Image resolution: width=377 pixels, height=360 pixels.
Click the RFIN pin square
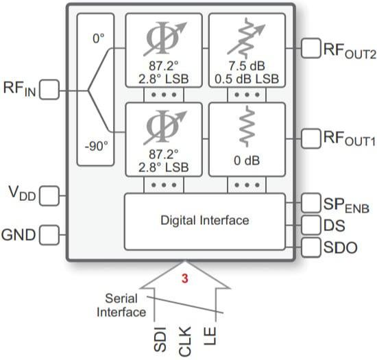49,89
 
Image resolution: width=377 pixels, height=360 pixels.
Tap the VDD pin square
49,195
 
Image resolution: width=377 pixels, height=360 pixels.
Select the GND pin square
49,235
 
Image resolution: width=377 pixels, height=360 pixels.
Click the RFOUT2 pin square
311,48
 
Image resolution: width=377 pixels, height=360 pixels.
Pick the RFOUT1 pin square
311,139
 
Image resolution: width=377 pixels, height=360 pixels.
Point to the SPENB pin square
311,203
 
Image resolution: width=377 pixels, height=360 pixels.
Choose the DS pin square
311,225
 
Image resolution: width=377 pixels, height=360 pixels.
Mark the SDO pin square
311,248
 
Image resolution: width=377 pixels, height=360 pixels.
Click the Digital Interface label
205,221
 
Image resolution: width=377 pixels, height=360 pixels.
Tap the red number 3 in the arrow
184,278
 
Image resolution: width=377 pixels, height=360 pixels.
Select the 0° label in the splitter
99,38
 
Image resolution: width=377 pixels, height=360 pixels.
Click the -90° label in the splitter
97,146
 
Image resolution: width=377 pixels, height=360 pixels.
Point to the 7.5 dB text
247,66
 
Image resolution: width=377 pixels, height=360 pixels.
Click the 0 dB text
247,160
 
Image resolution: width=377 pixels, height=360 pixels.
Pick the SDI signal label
160,339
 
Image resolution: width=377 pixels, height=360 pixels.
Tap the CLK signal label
185,341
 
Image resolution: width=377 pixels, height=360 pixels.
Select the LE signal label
210,336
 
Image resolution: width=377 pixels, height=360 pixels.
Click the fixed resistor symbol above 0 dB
247,126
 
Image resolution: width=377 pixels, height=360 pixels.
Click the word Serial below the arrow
121,298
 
